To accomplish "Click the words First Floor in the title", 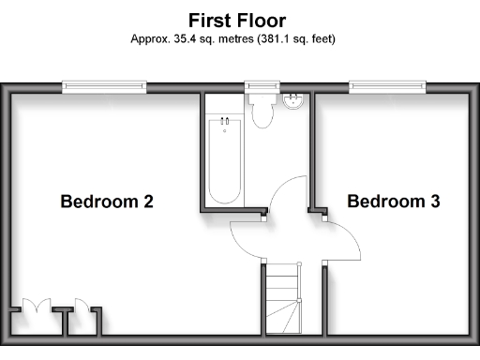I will (x=236, y=20).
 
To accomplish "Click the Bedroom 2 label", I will (x=107, y=201).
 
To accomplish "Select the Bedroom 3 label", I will (x=394, y=201).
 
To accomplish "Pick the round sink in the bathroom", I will (x=293, y=99).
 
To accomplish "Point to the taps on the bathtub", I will (x=225, y=122).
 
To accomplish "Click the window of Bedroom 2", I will (x=105, y=87).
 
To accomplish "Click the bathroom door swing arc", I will (x=286, y=192).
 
